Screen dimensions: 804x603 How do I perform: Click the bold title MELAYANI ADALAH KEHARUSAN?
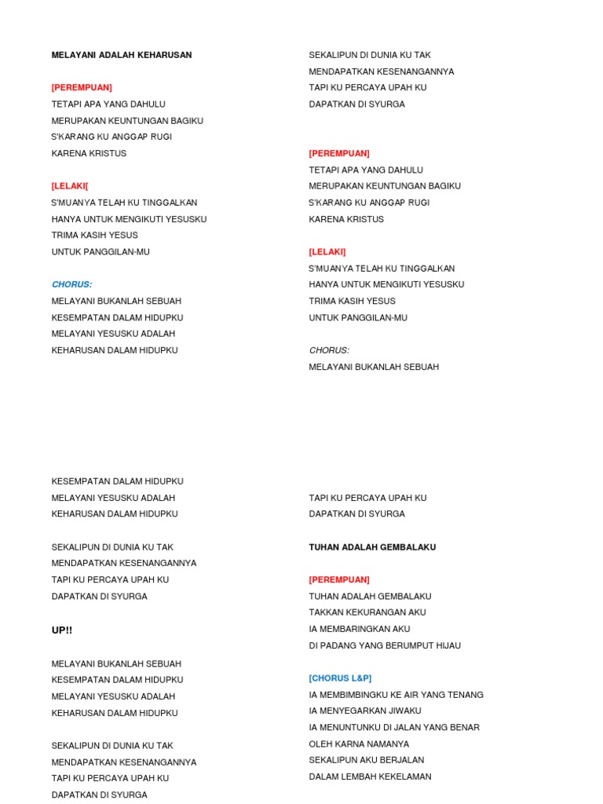pyautogui.click(x=122, y=55)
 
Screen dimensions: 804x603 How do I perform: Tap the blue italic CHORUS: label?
pyautogui.click(x=71, y=284)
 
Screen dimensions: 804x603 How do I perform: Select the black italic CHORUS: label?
pyautogui.click(x=329, y=350)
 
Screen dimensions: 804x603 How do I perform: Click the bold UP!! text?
pyautogui.click(x=62, y=630)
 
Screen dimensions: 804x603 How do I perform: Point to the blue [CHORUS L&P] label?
pyautogui.click(x=340, y=678)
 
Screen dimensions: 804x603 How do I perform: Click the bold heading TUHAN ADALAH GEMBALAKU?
pyautogui.click(x=372, y=547)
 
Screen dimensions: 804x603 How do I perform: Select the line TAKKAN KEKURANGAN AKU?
pyautogui.click(x=367, y=612)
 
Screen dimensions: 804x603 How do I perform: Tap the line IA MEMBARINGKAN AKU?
pyautogui.click(x=360, y=629)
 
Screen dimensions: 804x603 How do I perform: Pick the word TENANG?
pyautogui.click(x=466, y=695)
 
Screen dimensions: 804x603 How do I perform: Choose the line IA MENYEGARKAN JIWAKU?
pyautogui.click(x=365, y=711)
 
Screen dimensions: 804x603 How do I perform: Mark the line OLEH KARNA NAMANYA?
pyautogui.click(x=359, y=744)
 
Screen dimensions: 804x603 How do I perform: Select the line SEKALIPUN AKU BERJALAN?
pyautogui.click(x=367, y=760)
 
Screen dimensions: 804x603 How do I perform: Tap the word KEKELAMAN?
pyautogui.click(x=405, y=777)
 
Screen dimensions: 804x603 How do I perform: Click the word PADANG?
pyautogui.click(x=339, y=645)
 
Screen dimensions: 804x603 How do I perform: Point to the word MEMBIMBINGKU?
pyautogui.click(x=353, y=695)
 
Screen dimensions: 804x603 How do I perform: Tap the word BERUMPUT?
pyautogui.click(x=407, y=645)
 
